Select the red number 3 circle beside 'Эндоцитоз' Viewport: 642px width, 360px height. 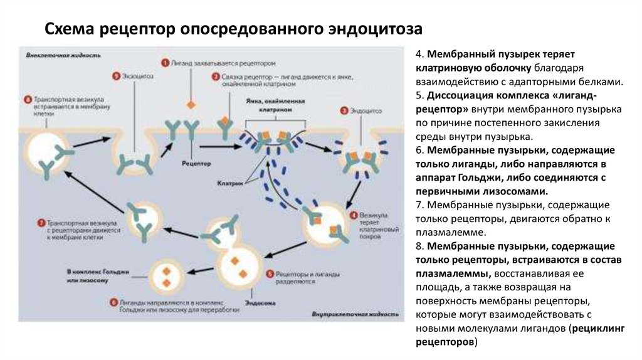(x=344, y=110)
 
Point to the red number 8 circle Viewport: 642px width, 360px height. (x=27, y=99)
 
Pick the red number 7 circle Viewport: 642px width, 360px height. (x=40, y=223)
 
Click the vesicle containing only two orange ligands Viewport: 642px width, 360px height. (x=167, y=273)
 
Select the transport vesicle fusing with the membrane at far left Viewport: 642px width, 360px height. (x=48, y=152)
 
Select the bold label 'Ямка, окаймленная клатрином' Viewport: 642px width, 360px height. (x=268, y=103)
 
